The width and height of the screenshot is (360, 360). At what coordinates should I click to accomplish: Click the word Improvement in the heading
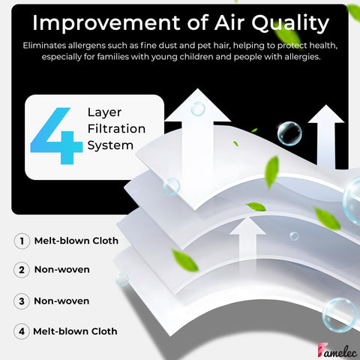pyautogui.click(x=107, y=22)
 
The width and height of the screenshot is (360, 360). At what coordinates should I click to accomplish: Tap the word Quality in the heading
pyautogui.click(x=290, y=23)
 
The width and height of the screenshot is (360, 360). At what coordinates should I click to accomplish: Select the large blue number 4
pyautogui.click(x=56, y=136)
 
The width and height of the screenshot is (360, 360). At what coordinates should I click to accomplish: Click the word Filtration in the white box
pyautogui.click(x=116, y=129)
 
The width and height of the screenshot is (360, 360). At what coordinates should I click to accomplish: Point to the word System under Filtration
pyautogui.click(x=110, y=145)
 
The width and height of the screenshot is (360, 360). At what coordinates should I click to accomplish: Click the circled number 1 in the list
pyautogui.click(x=22, y=241)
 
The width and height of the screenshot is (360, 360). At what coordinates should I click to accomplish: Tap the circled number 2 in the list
pyautogui.click(x=22, y=270)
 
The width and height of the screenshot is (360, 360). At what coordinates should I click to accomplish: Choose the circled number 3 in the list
pyautogui.click(x=22, y=301)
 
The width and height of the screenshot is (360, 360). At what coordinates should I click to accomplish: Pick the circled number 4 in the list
pyautogui.click(x=22, y=331)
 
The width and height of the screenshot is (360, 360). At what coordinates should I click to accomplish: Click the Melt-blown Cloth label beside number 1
pyautogui.click(x=76, y=241)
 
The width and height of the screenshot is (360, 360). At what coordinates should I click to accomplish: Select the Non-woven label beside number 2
pyautogui.click(x=62, y=269)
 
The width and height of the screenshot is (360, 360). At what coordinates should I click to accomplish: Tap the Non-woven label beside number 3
pyautogui.click(x=61, y=301)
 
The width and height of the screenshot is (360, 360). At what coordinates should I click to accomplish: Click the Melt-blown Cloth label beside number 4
pyautogui.click(x=75, y=331)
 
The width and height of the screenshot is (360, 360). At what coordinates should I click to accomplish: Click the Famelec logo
pyautogui.click(x=337, y=350)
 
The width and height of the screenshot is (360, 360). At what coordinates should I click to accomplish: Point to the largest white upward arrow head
pyautogui.click(x=198, y=106)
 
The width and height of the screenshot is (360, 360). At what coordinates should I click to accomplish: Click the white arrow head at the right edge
pyautogui.click(x=326, y=114)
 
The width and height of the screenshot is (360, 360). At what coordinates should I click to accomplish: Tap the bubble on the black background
pyautogui.click(x=289, y=133)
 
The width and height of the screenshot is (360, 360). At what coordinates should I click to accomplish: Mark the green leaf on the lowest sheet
pyautogui.click(x=185, y=260)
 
